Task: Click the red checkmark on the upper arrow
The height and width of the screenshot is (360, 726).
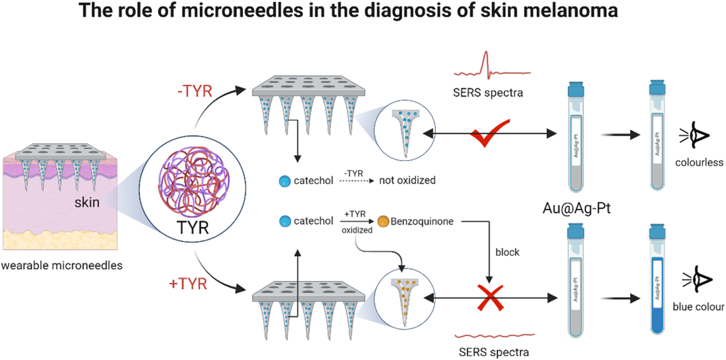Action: point(488,134)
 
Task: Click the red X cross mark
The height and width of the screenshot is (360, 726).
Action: point(490,298)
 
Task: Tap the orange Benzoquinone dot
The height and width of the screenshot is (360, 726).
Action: point(383,222)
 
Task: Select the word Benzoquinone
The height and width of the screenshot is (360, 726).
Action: point(422,222)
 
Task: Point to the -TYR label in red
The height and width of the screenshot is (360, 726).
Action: point(195,91)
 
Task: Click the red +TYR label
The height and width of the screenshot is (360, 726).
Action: point(188,284)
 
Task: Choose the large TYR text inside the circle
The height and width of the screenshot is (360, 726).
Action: point(193,228)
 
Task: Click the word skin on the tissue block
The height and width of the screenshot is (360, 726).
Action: point(87,202)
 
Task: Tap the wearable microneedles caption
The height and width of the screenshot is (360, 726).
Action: point(62,265)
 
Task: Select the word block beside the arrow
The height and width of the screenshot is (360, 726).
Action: point(507,252)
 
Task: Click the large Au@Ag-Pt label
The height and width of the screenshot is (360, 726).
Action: point(576,208)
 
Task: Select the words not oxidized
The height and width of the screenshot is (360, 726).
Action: point(407,180)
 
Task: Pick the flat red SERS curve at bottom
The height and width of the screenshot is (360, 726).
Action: point(495,336)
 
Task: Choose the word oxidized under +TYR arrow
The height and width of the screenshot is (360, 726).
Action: point(357,230)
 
